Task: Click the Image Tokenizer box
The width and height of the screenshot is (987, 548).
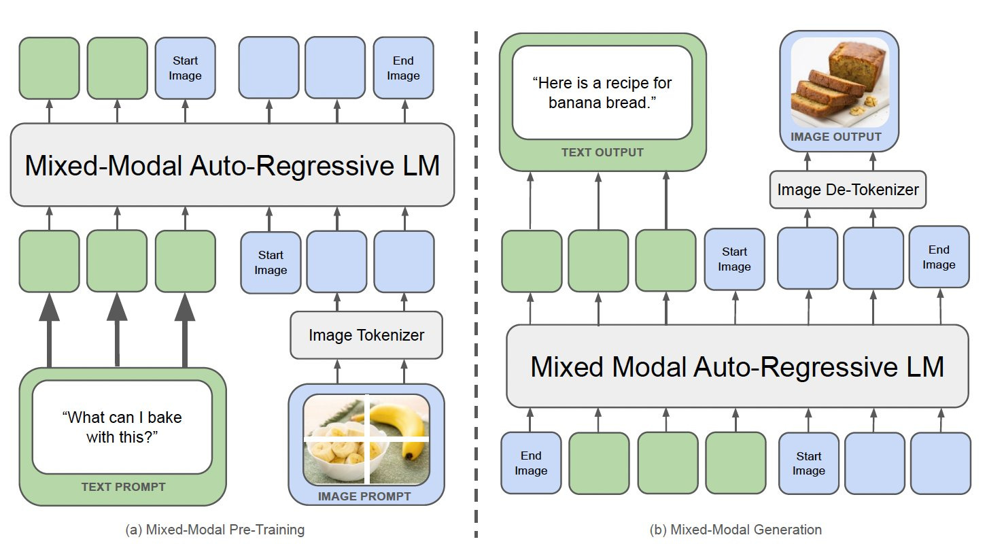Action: (366, 335)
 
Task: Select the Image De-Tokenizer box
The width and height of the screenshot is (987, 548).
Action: (848, 190)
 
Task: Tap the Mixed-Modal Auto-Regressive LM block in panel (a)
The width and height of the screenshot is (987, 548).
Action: (232, 165)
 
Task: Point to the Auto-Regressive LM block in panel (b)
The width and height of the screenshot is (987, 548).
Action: (737, 366)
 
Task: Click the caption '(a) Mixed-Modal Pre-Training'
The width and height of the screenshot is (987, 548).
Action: (215, 530)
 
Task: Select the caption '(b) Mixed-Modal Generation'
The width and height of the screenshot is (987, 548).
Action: (735, 530)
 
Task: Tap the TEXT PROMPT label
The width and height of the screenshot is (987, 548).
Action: (124, 487)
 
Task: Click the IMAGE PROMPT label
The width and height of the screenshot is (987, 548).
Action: (364, 496)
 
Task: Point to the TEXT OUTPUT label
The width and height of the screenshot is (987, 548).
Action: (602, 152)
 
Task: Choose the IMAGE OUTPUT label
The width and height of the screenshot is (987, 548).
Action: (836, 137)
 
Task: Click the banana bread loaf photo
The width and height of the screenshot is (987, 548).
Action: (840, 82)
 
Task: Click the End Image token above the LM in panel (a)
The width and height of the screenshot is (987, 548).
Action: (403, 68)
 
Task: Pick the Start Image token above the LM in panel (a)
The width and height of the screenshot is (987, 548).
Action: (185, 68)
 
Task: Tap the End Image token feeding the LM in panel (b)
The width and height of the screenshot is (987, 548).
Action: (531, 463)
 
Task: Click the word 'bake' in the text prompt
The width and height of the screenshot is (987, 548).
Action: (164, 417)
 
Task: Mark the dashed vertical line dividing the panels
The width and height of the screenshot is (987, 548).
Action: (476, 284)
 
